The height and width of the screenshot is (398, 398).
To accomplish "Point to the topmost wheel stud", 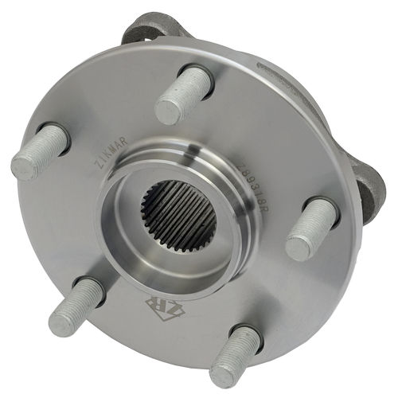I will (x=184, y=93).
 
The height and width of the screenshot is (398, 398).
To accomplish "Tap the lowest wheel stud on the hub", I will (x=235, y=357).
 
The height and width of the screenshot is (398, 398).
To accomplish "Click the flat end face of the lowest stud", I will (x=224, y=375).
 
